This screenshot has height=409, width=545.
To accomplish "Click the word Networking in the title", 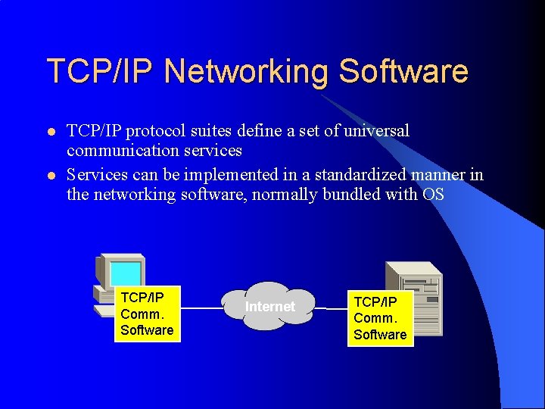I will coord(246,71).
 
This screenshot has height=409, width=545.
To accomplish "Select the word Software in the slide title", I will coord(403,71).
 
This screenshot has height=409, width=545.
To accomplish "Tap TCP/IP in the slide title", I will coord(101,71).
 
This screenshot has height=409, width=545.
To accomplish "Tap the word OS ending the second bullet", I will coord(434,195).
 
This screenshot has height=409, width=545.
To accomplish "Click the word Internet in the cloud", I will coord(270,307).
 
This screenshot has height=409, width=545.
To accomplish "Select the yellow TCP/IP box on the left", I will coord(147,313).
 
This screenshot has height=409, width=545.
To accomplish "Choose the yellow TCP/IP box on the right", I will coord(380,318).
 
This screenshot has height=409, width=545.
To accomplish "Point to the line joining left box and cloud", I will coord(201,308).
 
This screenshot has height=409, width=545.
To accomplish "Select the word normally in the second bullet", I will coord(279,195).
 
